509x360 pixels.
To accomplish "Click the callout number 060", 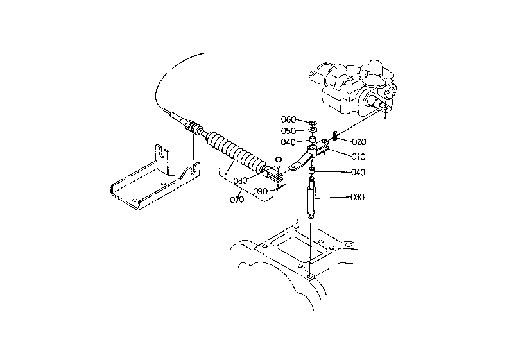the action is [x=288, y=119].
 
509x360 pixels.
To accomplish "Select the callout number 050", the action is [x=288, y=131].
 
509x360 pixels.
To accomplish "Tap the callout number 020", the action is [x=359, y=142].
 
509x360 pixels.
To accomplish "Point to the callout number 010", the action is [x=358, y=157].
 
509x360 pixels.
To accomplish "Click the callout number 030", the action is [x=358, y=197].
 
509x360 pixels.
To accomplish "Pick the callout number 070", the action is [x=237, y=200].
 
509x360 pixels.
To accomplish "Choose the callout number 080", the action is [x=241, y=181].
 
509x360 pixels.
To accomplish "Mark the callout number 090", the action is [x=260, y=191].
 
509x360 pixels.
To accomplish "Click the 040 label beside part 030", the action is [x=358, y=172].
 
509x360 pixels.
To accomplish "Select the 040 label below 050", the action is [x=288, y=142].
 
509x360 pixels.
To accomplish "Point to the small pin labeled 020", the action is [x=335, y=135].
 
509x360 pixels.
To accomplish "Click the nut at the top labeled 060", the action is [x=313, y=123].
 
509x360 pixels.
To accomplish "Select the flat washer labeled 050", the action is [x=313, y=130].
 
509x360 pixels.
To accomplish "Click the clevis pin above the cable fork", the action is [x=278, y=162].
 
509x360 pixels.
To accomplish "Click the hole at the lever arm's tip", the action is [x=293, y=167].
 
